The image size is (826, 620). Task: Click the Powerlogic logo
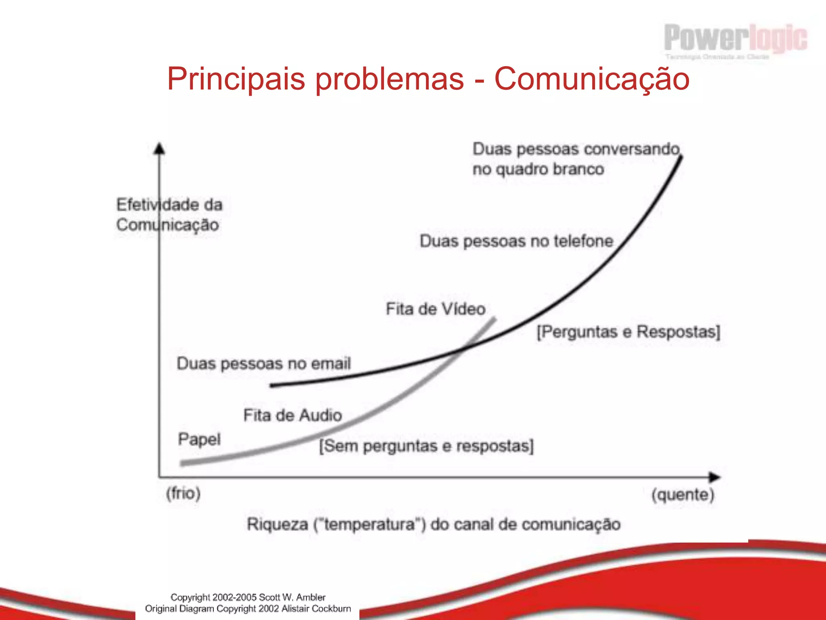coord(735,39)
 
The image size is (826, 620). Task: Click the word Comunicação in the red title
coord(592,79)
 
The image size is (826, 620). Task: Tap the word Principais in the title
coord(236,79)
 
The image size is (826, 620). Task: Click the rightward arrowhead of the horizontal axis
coord(715,477)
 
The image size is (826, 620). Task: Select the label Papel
coord(199,439)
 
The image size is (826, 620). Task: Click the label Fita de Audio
coord(292,415)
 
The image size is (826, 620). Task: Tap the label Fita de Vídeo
coord(436,309)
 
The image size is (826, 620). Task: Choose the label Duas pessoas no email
coord(264,364)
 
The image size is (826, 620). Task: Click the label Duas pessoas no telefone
coord(516,241)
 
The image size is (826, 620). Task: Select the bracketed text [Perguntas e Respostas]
coord(628,332)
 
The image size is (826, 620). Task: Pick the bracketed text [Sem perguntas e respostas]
coord(426,446)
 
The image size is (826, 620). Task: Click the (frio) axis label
coord(184,493)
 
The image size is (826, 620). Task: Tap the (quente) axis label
coord(683,494)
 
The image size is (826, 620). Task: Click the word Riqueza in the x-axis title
coord(277,524)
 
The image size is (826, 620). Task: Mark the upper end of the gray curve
coord(494,320)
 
